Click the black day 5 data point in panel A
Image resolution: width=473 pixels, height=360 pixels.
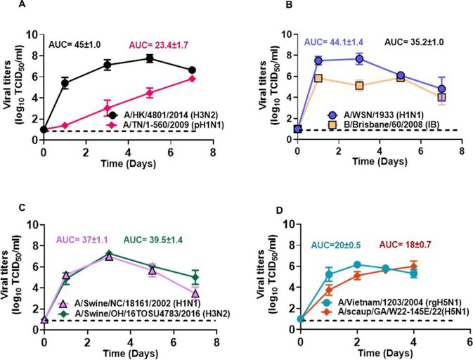click(x=150, y=58)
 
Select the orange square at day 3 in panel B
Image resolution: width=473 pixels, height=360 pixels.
click(x=359, y=86)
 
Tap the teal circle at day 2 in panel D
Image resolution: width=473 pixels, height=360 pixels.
click(x=358, y=264)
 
